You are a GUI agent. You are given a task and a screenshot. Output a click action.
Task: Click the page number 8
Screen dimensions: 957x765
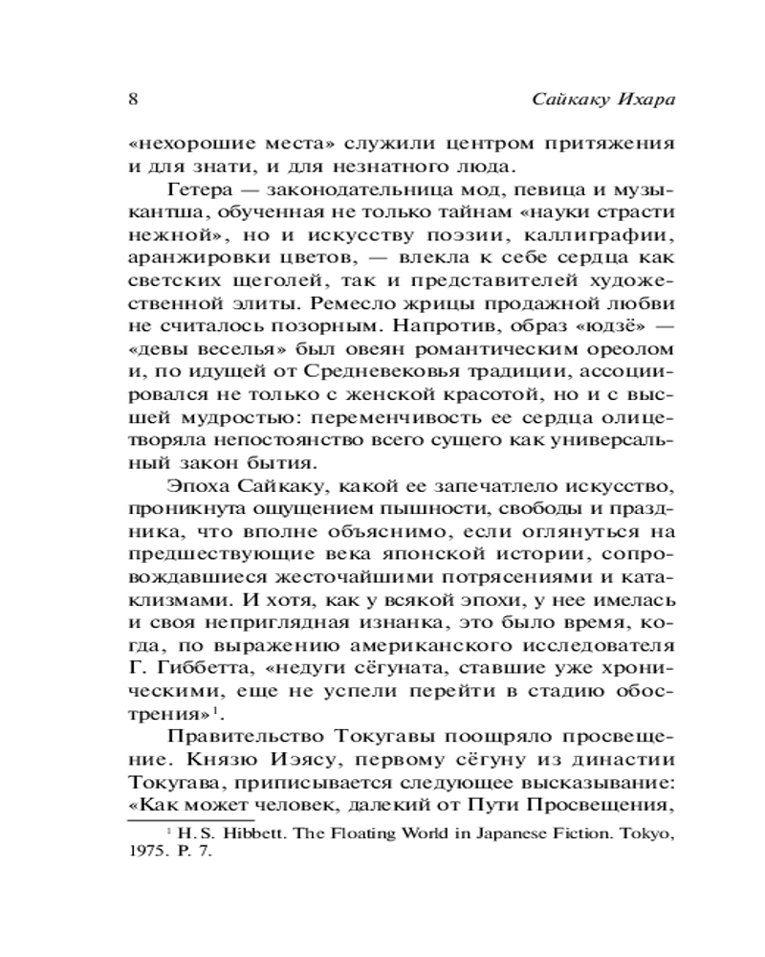click(x=132, y=100)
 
